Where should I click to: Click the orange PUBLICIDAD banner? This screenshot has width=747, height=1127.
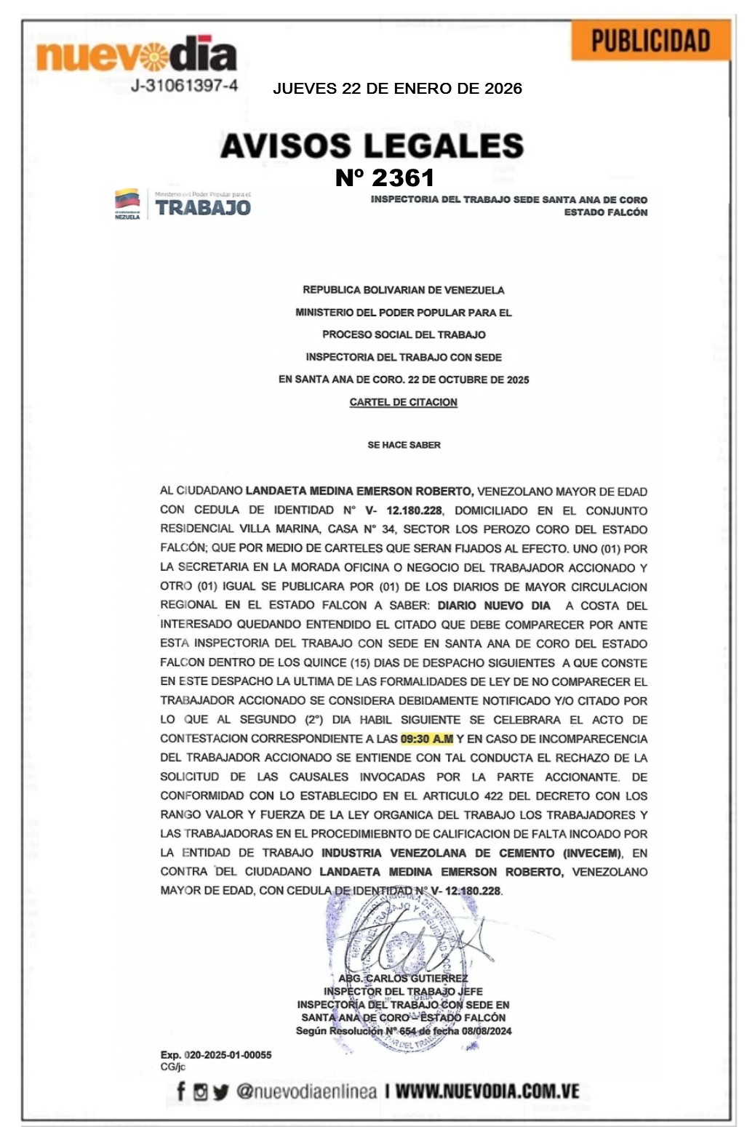tap(650, 41)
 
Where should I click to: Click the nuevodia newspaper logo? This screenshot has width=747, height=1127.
tap(136, 55)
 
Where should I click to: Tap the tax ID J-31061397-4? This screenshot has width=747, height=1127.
tap(184, 86)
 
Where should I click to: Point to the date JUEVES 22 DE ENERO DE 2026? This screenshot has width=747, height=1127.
tap(397, 89)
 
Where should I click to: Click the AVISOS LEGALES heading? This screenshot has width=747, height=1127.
tap(372, 145)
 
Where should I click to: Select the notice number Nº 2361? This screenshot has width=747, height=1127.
tap(385, 177)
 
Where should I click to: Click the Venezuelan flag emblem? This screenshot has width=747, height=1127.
tap(127, 202)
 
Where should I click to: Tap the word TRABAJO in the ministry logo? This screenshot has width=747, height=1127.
tap(203, 208)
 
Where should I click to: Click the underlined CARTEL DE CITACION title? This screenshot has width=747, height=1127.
tap(404, 402)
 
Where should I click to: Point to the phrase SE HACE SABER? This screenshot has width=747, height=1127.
tap(404, 445)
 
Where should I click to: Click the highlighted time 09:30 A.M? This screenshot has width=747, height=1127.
tap(426, 739)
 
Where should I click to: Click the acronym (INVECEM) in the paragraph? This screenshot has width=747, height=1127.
tap(592, 853)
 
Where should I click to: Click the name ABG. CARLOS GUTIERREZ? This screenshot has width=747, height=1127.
tap(403, 979)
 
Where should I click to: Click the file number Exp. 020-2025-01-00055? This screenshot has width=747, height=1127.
tap(216, 1055)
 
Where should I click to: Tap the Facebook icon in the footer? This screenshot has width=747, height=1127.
tap(181, 1091)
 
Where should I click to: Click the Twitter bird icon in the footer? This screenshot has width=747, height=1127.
tap(220, 1091)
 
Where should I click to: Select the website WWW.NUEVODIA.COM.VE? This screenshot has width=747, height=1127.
tap(487, 1091)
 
